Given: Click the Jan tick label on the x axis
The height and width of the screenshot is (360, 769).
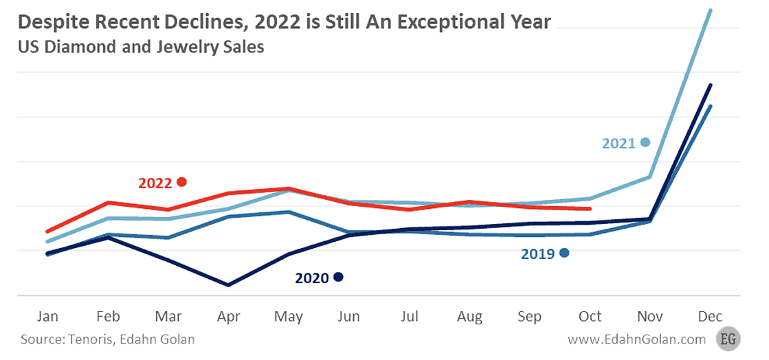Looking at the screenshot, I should pos(47,316).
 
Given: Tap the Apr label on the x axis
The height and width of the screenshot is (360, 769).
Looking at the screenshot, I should pos(228,316).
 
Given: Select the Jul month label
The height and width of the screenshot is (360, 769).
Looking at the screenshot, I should pos(409,316).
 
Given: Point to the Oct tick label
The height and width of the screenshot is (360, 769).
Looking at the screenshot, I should pos(590,316).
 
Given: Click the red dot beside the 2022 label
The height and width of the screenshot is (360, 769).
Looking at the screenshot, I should pos(181,182).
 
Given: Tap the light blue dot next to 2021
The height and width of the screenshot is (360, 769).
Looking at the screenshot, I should pos(645,142).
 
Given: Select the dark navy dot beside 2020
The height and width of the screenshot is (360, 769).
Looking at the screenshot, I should pos(337,277).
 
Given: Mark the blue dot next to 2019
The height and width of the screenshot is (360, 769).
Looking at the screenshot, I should pos(564,253).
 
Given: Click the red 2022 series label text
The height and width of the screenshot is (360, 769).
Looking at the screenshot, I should pos(155,183).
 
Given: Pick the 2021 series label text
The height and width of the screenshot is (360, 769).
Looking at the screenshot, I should pos(618,144).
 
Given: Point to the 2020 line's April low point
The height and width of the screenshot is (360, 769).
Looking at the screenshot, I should pos(228,284).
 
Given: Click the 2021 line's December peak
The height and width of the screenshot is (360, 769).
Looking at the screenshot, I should pos(711,10).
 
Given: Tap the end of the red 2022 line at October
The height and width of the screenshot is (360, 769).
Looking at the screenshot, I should pos(590,209).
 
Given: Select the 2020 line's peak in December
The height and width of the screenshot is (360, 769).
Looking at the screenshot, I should pos(711,85).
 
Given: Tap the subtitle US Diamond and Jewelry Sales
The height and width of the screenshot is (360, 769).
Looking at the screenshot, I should pos(141,48).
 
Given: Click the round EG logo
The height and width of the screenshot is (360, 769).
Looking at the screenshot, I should pos(726,339).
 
